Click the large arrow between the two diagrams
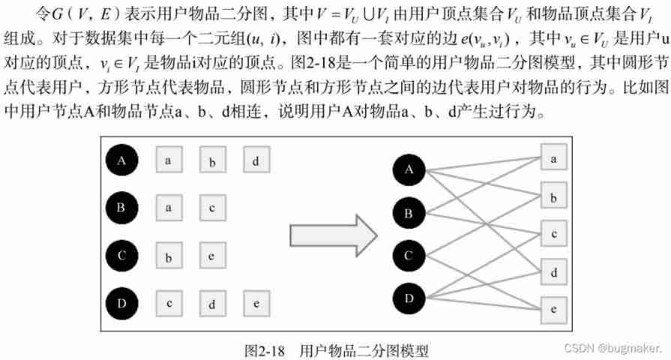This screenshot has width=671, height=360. click(332, 235)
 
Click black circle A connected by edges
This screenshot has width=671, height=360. click(409, 169)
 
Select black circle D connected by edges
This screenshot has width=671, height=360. click(409, 298)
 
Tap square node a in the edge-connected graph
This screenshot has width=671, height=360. click(553, 159)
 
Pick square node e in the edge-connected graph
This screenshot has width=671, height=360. click(553, 308)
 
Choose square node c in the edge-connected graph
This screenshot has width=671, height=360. click(553, 234)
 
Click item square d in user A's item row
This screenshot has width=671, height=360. click(256, 160)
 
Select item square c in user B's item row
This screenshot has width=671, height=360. click(213, 208)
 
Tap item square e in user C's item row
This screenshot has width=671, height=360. click(213, 256)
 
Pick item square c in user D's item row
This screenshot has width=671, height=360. click(169, 304)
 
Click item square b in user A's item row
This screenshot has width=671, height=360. click(213, 160)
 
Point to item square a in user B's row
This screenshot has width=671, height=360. click(169, 208)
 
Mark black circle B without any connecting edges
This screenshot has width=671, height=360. click(121, 207)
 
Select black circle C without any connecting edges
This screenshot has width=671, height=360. click(121, 255)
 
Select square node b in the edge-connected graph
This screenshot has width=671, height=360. click(553, 198)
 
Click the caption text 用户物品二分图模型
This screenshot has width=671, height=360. click(365, 349)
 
